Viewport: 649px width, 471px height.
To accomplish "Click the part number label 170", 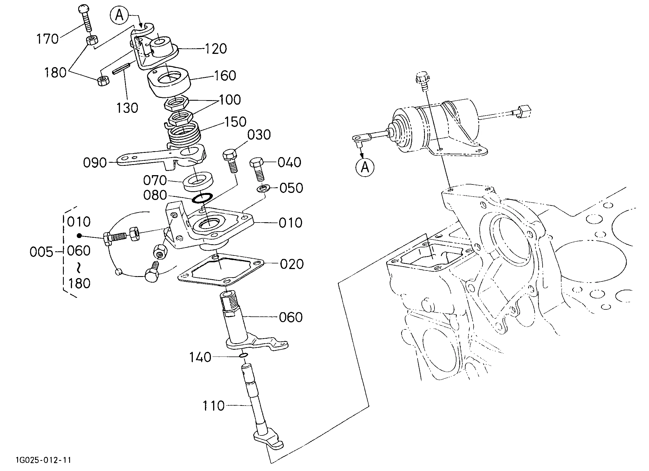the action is point(47,39).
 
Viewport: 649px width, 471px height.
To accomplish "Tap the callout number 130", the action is point(127,108).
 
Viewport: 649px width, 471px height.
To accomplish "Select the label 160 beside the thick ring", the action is point(225,76).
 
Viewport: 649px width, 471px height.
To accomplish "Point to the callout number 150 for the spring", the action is point(235,122).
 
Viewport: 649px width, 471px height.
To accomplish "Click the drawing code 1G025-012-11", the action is point(43,460).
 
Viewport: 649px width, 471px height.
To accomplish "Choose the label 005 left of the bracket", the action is point(41,252).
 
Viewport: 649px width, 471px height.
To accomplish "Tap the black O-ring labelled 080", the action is point(202,198).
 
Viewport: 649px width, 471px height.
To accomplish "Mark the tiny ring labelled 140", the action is point(243,355).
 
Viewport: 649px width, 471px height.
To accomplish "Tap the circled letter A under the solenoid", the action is point(365,167).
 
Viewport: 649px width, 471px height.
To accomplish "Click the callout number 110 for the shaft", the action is point(213,406).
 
